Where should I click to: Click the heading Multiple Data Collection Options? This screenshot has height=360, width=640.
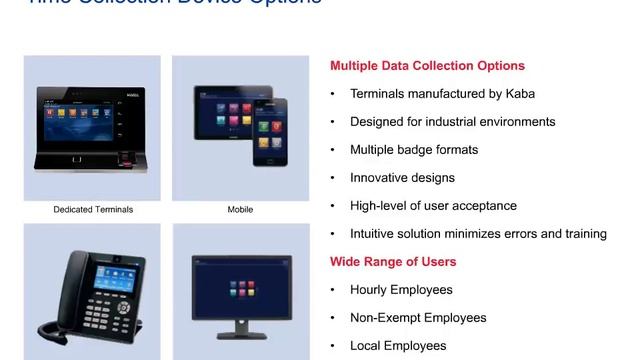click(x=427, y=66)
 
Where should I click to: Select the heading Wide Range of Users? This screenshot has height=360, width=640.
click(x=393, y=262)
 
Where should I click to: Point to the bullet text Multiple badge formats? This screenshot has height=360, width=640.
click(x=414, y=150)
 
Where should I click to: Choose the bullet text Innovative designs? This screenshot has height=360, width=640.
click(x=402, y=178)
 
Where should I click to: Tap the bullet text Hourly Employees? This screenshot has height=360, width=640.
click(x=401, y=290)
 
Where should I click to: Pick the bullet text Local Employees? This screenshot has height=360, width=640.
click(x=398, y=346)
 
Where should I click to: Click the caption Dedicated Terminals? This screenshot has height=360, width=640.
click(x=93, y=210)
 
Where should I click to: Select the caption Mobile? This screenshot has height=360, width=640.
click(x=240, y=210)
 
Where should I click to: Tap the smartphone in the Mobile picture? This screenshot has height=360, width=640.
click(x=269, y=132)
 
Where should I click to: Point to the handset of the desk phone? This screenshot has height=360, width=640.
click(x=56, y=290)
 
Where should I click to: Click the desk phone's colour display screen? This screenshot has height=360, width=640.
click(x=106, y=270)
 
